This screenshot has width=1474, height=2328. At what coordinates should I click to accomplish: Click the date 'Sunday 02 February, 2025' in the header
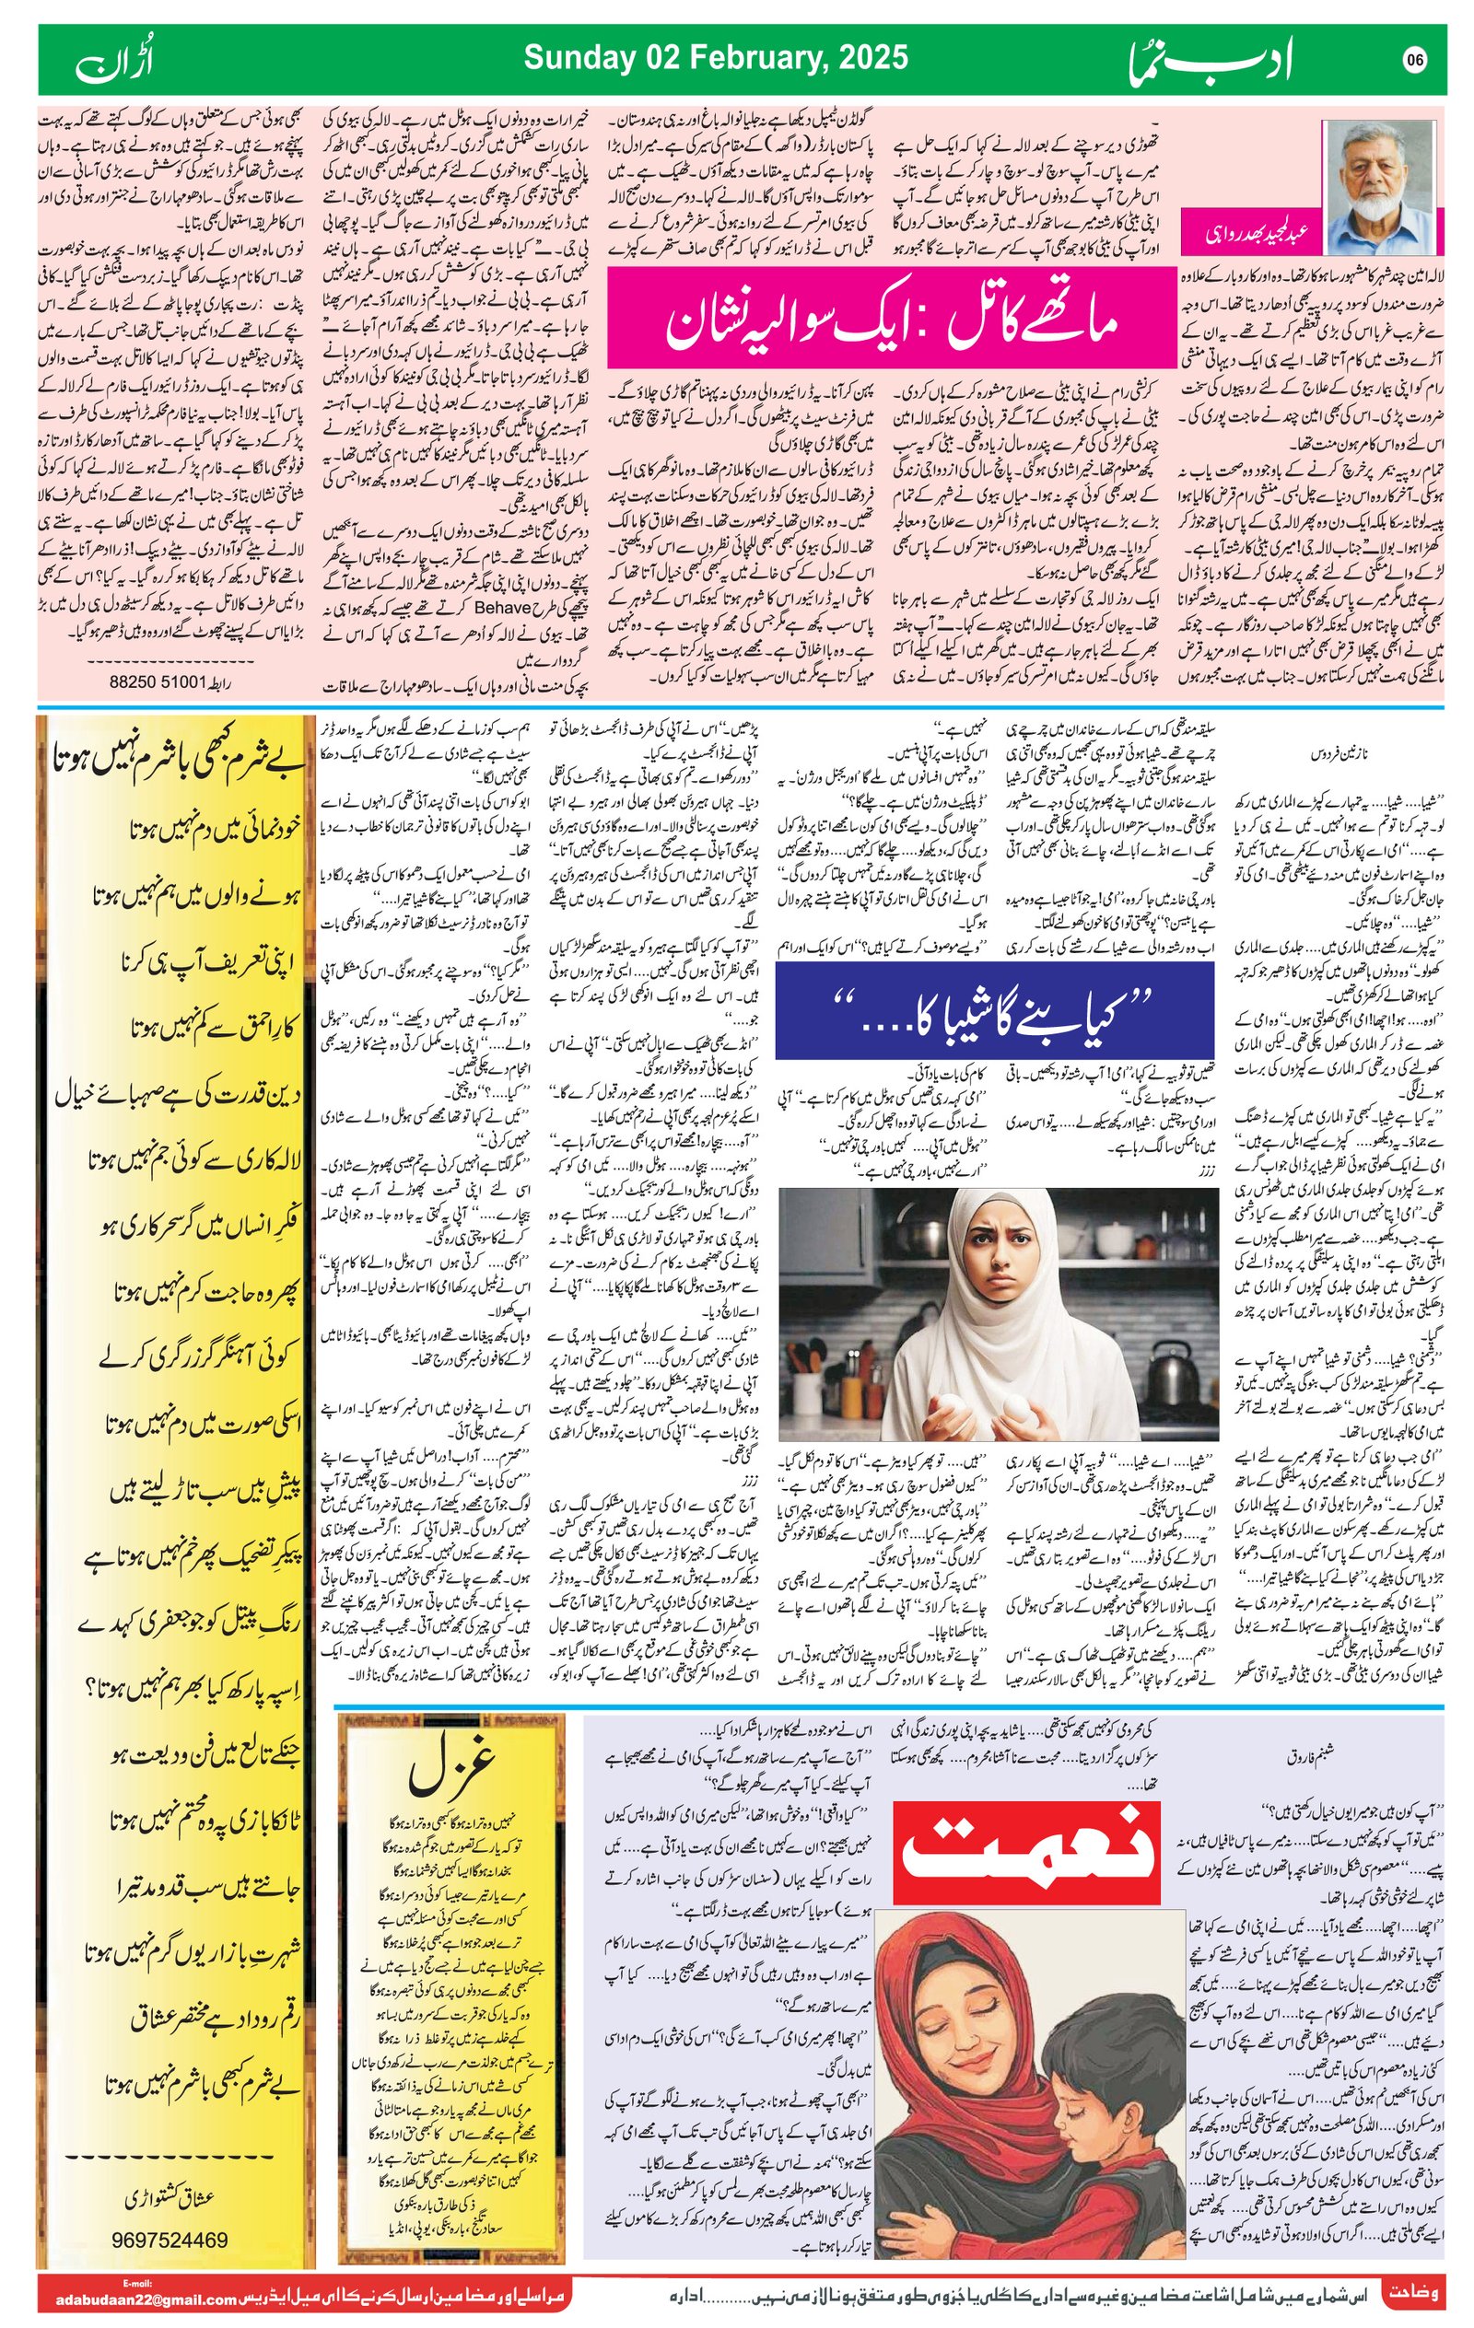point(715,58)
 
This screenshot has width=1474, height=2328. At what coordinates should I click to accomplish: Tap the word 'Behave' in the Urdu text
point(503,608)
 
